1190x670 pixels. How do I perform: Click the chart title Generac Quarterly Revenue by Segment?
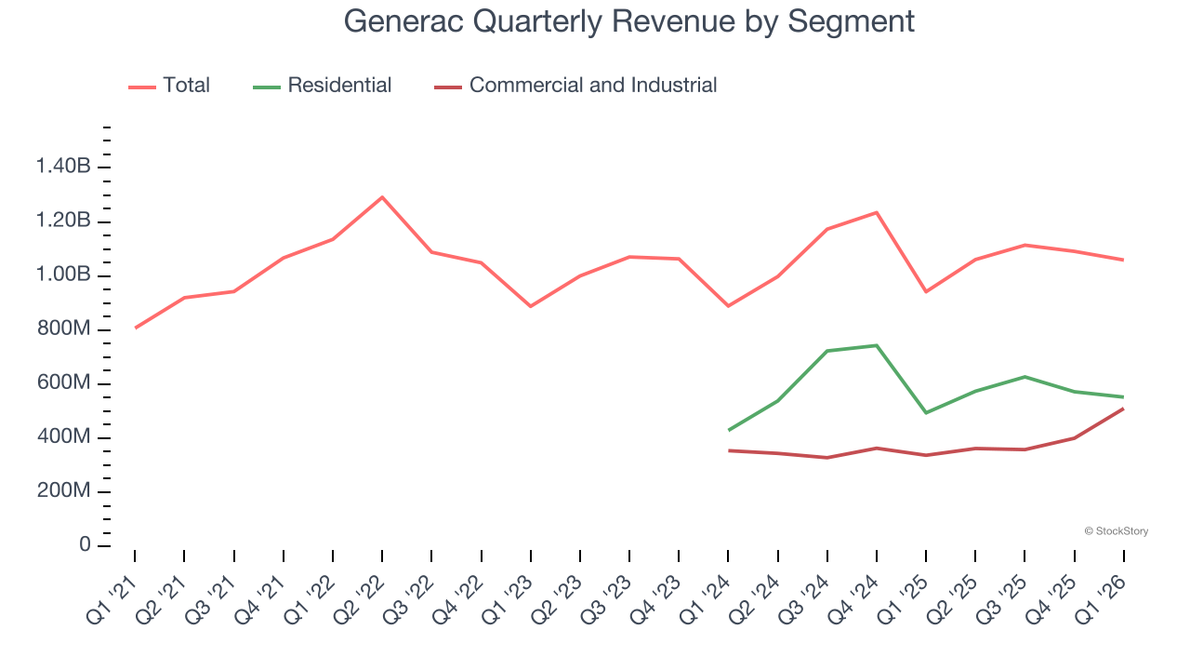pyautogui.click(x=629, y=20)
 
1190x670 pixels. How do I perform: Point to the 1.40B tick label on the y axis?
pyautogui.click(x=63, y=167)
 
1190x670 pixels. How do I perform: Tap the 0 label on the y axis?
pyautogui.click(x=85, y=544)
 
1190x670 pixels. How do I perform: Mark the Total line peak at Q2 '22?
pyautogui.click(x=382, y=197)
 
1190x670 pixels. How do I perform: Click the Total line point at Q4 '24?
pyautogui.click(x=877, y=212)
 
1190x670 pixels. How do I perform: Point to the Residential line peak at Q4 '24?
pyautogui.click(x=877, y=345)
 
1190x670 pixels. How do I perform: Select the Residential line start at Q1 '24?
pyautogui.click(x=729, y=430)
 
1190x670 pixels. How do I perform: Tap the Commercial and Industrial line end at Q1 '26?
pyautogui.click(x=1124, y=409)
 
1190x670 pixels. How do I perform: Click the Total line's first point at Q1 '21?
pyautogui.click(x=135, y=328)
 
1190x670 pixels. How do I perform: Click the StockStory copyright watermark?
pyautogui.click(x=1116, y=531)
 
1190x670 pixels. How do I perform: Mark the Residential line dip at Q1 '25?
pyautogui.click(x=926, y=412)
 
